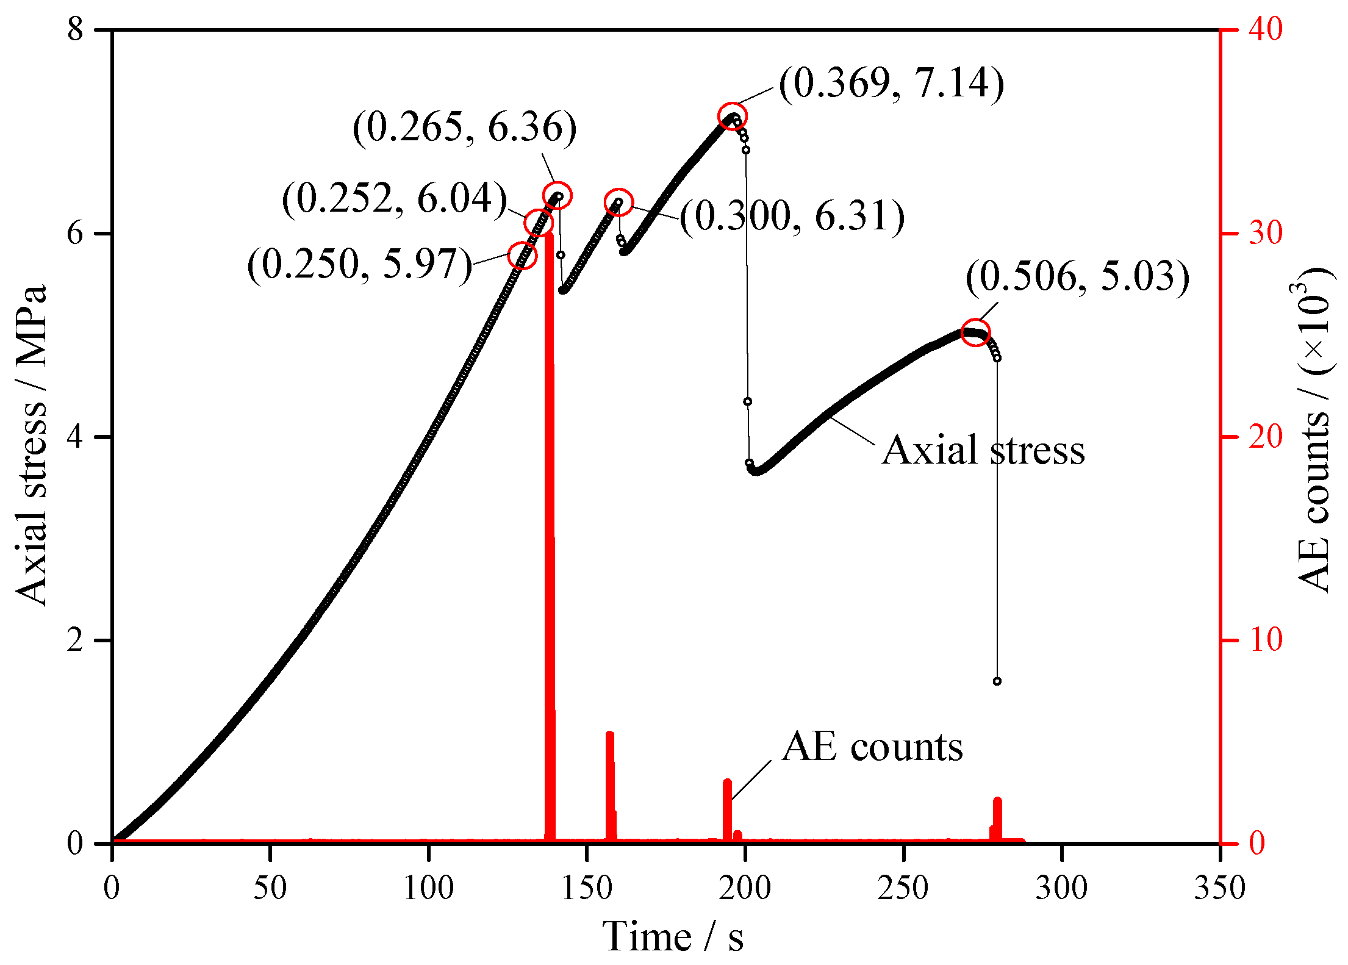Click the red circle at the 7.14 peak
click(732, 117)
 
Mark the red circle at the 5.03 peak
click(975, 332)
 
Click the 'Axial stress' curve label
click(983, 450)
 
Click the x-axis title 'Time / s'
click(673, 936)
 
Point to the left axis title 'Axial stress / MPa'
click(32, 445)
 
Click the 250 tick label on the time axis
click(903, 888)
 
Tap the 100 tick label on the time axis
click(429, 888)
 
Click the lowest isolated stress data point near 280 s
click(997, 681)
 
